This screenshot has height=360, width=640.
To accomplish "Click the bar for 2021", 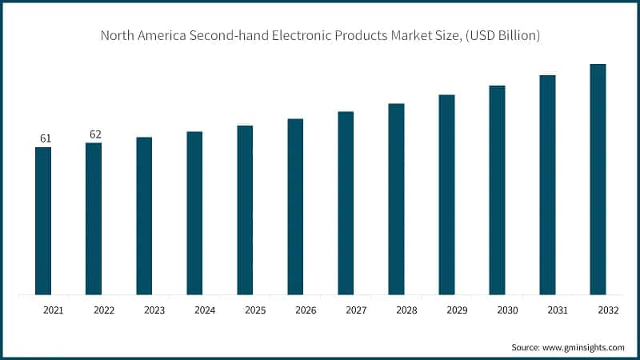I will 43,221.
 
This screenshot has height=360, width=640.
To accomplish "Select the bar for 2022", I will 94,218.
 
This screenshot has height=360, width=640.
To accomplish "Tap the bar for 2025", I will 245,210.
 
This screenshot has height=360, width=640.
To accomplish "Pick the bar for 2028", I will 396,199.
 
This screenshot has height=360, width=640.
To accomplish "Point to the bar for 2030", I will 497,190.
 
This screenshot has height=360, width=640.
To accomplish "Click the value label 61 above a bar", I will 46,139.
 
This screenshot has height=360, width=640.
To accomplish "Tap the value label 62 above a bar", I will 96,134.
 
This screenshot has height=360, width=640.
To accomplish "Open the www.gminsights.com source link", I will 585,347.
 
